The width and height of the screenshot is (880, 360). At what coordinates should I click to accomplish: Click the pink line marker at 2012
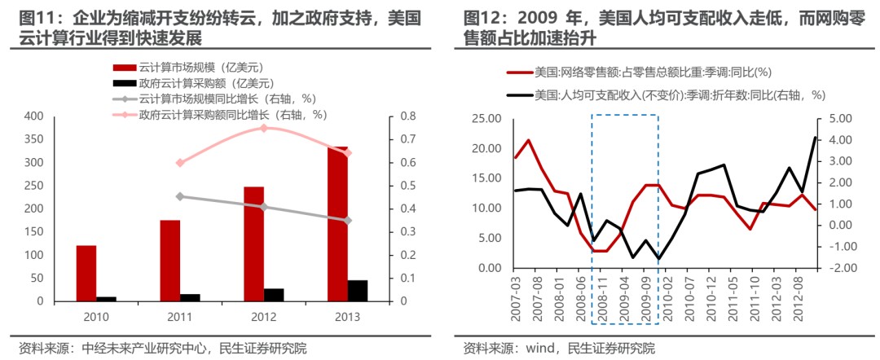point(264,128)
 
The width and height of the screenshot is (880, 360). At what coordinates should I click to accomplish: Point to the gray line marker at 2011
point(180,196)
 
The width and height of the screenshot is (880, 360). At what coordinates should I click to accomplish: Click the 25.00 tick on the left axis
point(482,119)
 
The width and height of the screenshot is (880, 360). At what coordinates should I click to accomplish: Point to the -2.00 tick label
point(838,268)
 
